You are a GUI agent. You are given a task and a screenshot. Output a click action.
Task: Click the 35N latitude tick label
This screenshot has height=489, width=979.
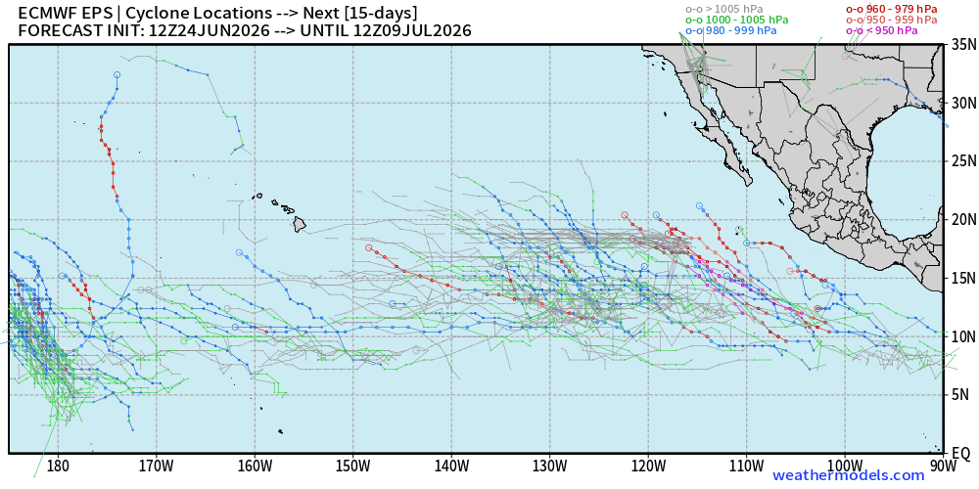pyautogui.click(x=959, y=45)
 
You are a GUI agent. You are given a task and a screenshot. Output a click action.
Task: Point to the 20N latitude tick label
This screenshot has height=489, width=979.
pyautogui.click(x=959, y=220)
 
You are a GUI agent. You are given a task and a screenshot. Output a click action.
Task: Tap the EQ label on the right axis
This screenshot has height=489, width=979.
pyautogui.click(x=957, y=452)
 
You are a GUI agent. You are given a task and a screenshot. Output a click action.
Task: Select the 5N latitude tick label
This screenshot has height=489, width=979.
pyautogui.click(x=956, y=394)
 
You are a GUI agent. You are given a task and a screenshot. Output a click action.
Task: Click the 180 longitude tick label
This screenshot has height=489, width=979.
pyautogui.click(x=58, y=466)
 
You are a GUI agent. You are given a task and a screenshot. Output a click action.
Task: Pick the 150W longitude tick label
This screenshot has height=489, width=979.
pyautogui.click(x=352, y=466)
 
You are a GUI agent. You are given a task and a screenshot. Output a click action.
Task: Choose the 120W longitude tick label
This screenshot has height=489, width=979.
pyautogui.click(x=648, y=466)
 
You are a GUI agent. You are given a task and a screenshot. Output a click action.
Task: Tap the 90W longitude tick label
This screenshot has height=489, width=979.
pyautogui.click(x=943, y=466)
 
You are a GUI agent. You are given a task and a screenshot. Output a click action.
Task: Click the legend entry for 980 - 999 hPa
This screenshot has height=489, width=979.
pyautogui.click(x=731, y=30)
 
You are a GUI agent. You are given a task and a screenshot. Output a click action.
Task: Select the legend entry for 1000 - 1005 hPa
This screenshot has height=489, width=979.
pyautogui.click(x=737, y=20)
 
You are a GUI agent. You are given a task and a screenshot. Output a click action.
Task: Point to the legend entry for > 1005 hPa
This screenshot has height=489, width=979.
pyautogui.click(x=724, y=10)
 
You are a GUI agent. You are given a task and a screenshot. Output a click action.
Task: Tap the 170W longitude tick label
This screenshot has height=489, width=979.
pyautogui.click(x=156, y=466)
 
